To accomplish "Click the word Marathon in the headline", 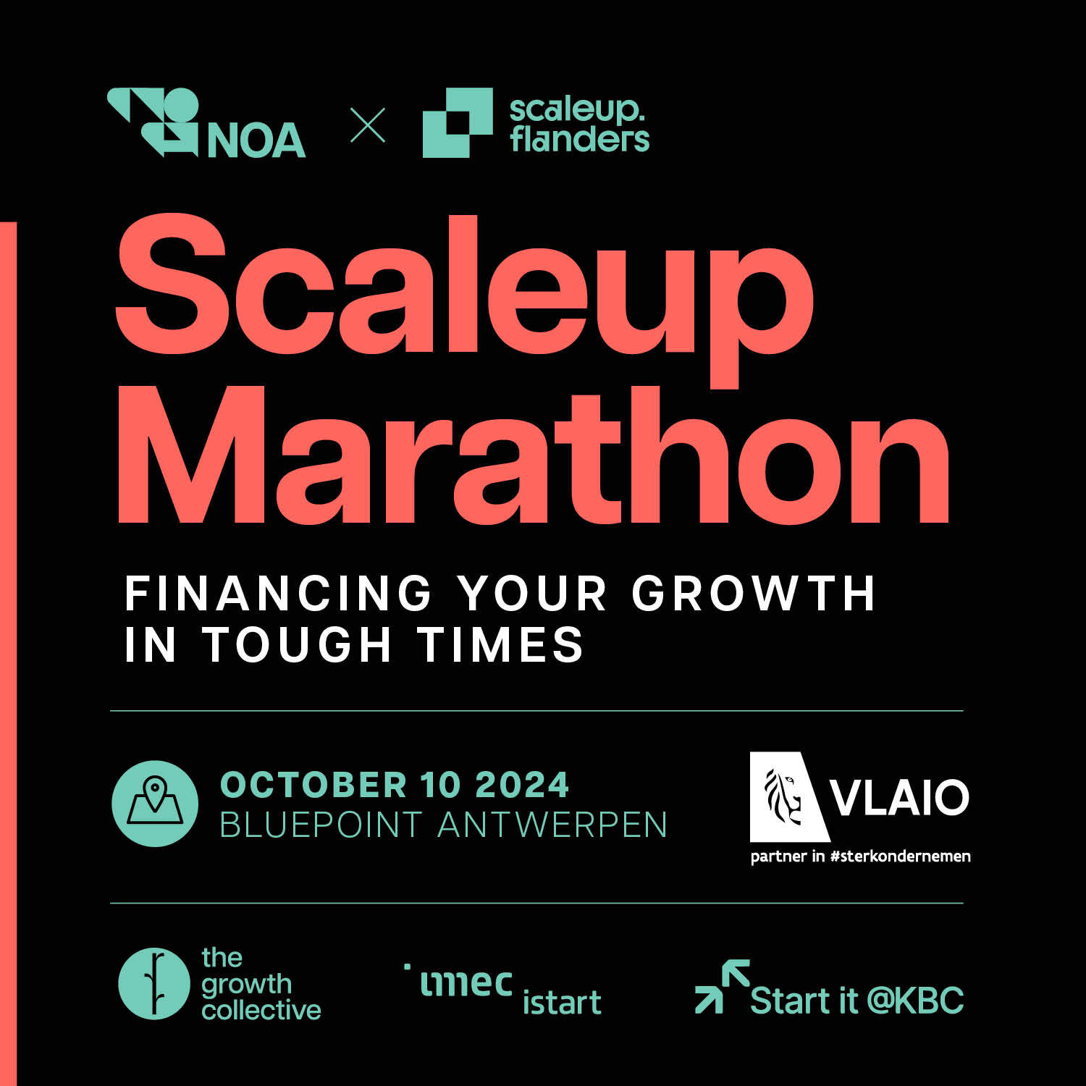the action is [x=534, y=454].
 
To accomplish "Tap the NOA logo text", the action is [x=256, y=140].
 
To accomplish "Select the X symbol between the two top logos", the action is [x=368, y=125].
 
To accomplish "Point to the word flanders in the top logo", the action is [x=579, y=139].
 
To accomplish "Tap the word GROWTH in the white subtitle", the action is [x=754, y=594].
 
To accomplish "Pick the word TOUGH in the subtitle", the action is [x=297, y=644].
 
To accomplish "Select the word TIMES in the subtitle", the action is [x=500, y=644].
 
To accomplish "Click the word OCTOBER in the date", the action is [x=313, y=785].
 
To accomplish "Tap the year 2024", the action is [x=523, y=785].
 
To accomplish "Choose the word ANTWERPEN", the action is [x=552, y=825].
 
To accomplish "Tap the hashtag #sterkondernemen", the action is [x=901, y=856].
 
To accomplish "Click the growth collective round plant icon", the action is [x=153, y=984].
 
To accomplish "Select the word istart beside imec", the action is [x=562, y=1002].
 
